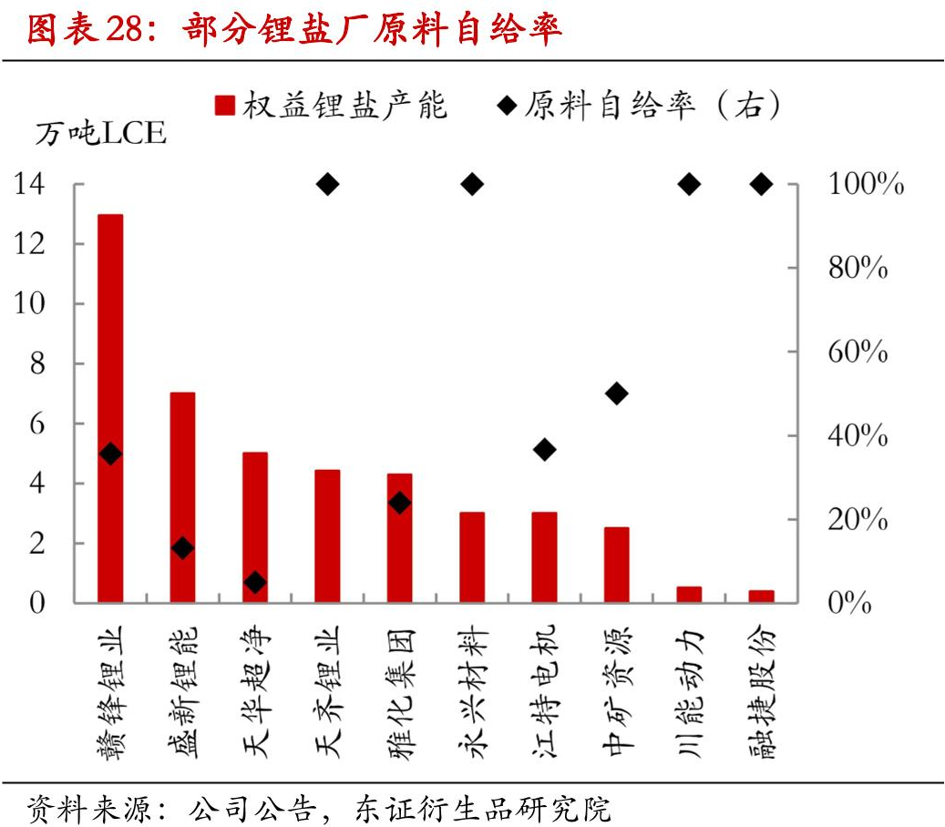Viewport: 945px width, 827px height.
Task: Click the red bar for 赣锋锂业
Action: click(110, 408)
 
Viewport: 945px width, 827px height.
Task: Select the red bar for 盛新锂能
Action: click(182, 497)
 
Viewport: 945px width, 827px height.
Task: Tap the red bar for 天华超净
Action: click(255, 527)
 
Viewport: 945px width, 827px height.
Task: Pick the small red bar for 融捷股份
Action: click(761, 596)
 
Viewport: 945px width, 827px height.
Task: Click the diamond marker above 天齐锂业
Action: click(327, 185)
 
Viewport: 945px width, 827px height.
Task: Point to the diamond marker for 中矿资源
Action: click(617, 393)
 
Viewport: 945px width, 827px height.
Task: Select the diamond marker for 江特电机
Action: click(544, 449)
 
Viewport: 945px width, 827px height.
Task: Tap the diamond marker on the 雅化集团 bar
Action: click(399, 503)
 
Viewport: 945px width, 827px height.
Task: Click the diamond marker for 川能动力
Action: click(689, 185)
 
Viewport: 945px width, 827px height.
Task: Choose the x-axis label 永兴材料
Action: click(471, 692)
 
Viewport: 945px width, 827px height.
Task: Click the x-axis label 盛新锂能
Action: click(182, 692)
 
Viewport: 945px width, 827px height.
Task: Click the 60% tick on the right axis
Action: click(858, 352)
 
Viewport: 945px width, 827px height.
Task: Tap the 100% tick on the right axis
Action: click(865, 185)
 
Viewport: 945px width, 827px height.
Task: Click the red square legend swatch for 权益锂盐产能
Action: click(225, 106)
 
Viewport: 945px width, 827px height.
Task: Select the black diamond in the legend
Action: click(507, 106)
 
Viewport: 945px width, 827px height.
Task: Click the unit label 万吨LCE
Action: click(100, 134)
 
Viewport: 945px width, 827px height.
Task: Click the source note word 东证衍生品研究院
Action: click(483, 807)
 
